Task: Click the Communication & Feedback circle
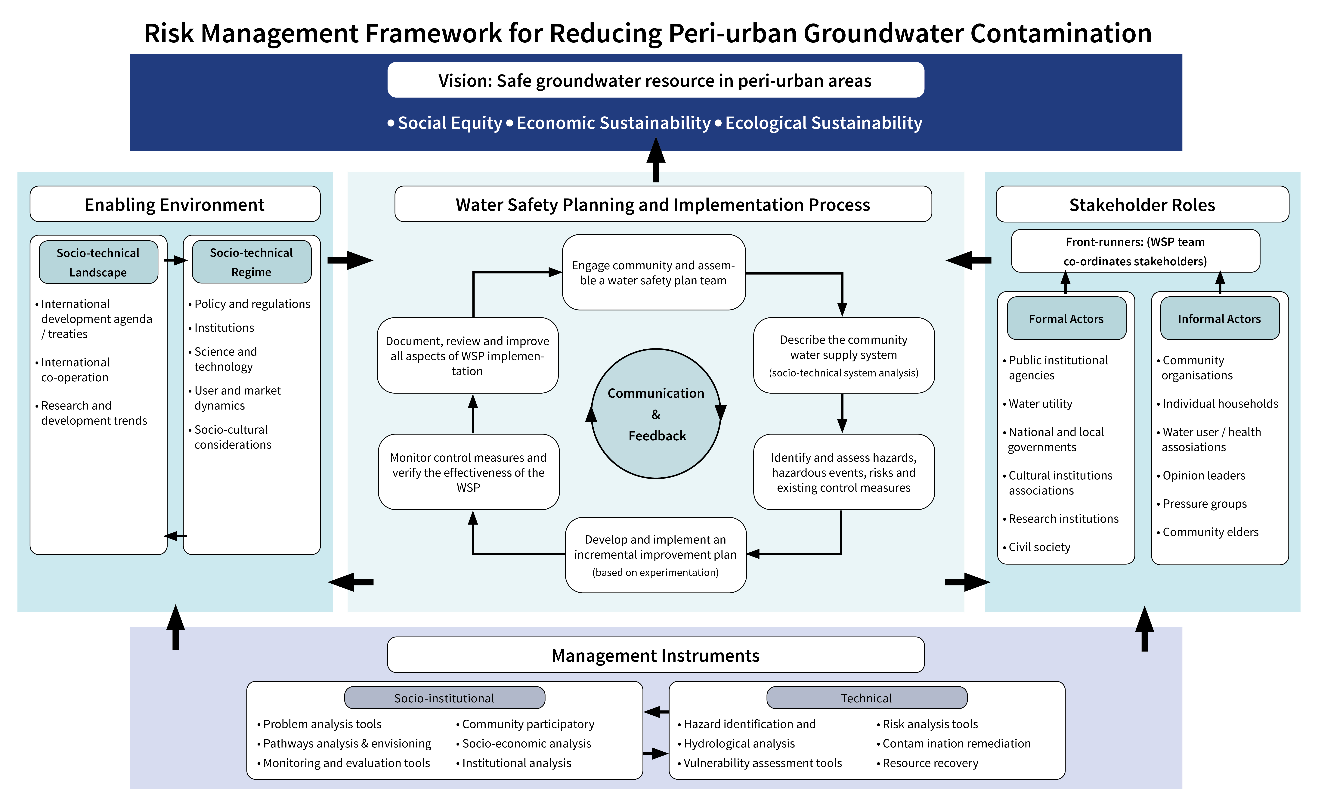[x=656, y=414]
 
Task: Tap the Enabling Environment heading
[x=175, y=204]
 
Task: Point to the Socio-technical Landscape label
[x=98, y=262]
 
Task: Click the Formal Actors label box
[x=1066, y=318]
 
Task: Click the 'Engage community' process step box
[x=654, y=272]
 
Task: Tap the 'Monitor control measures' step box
[x=469, y=472]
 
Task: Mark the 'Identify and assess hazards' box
[x=843, y=472]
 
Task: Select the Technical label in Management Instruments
[x=867, y=698]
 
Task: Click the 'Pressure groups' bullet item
[x=1205, y=504]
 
